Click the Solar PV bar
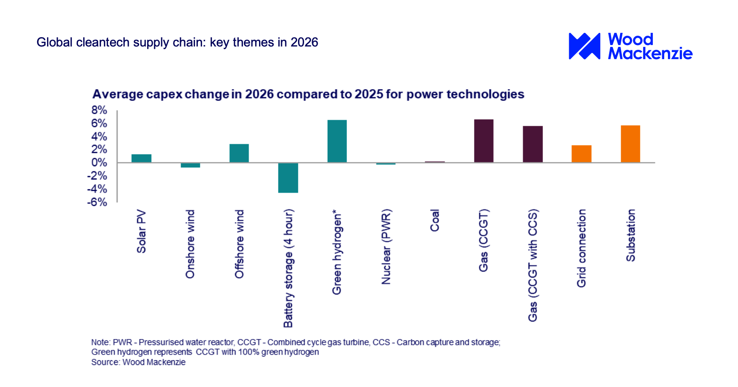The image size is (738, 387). [141, 158]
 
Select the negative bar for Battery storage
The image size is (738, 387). [288, 178]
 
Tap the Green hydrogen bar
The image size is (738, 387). [337, 141]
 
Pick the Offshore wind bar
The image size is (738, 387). [239, 153]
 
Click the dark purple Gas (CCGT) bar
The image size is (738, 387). [484, 141]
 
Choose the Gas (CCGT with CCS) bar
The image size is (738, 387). [533, 144]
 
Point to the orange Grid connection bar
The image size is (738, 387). [581, 154]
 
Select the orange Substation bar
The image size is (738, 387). [630, 144]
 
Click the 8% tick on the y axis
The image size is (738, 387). [99, 110]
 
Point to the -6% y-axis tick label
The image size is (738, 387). [97, 202]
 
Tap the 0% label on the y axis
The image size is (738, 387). [99, 163]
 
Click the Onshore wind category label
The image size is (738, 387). [190, 244]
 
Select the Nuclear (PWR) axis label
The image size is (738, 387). [386, 247]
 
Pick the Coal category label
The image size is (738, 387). [435, 220]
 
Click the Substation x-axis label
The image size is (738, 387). [630, 235]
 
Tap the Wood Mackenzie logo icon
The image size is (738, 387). [584, 46]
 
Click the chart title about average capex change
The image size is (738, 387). [308, 94]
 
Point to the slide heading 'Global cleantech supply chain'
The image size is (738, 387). [177, 43]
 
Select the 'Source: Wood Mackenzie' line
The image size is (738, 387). [138, 363]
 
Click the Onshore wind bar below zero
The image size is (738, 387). [190, 165]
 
